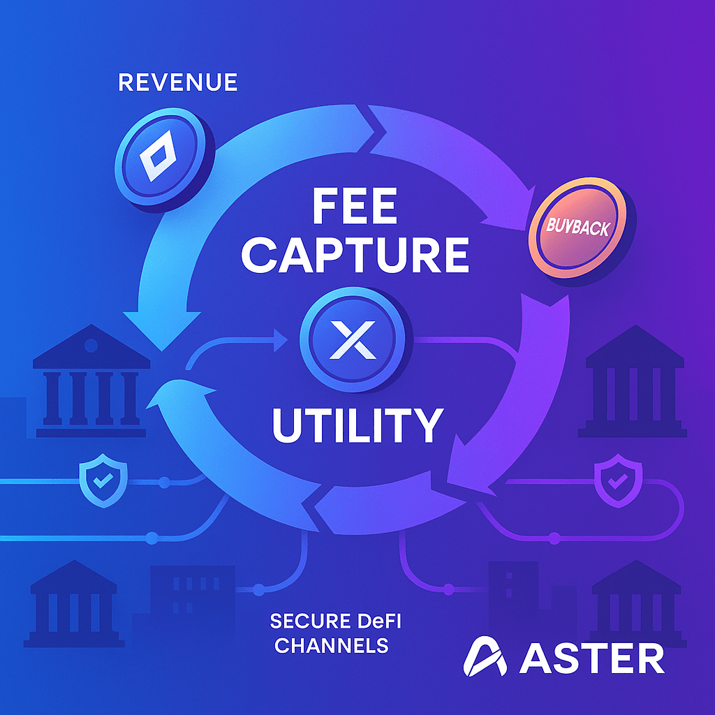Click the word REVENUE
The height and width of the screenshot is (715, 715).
tap(178, 82)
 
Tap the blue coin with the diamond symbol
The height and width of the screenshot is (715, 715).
tap(163, 159)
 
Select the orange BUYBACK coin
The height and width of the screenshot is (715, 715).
tap(579, 228)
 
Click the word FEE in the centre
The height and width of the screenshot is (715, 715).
tap(354, 207)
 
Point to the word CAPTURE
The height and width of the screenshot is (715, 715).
tap(355, 255)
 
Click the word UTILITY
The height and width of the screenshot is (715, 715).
tap(357, 425)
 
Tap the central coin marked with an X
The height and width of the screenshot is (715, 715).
tap(353, 340)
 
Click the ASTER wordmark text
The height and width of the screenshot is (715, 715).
tap(592, 658)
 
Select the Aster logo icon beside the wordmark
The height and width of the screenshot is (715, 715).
tap(485, 656)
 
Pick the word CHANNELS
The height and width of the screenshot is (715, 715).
tap(332, 646)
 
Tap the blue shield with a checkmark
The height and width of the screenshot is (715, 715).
tap(103, 480)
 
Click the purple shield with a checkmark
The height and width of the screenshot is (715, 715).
tap(618, 480)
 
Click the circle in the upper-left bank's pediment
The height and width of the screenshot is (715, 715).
tap(91, 345)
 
